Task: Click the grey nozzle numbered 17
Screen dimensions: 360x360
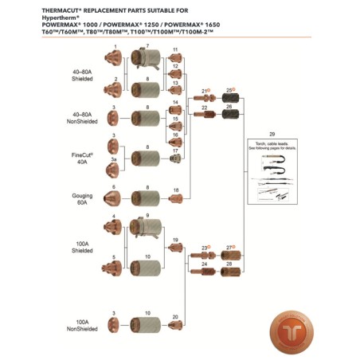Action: click(x=175, y=158)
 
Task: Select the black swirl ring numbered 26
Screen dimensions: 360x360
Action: click(x=231, y=114)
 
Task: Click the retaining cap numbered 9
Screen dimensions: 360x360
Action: click(x=146, y=227)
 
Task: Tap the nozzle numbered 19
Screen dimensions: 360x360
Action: click(x=175, y=249)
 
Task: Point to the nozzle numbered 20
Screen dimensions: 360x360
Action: click(x=175, y=325)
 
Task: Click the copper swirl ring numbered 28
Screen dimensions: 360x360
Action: click(x=231, y=271)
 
